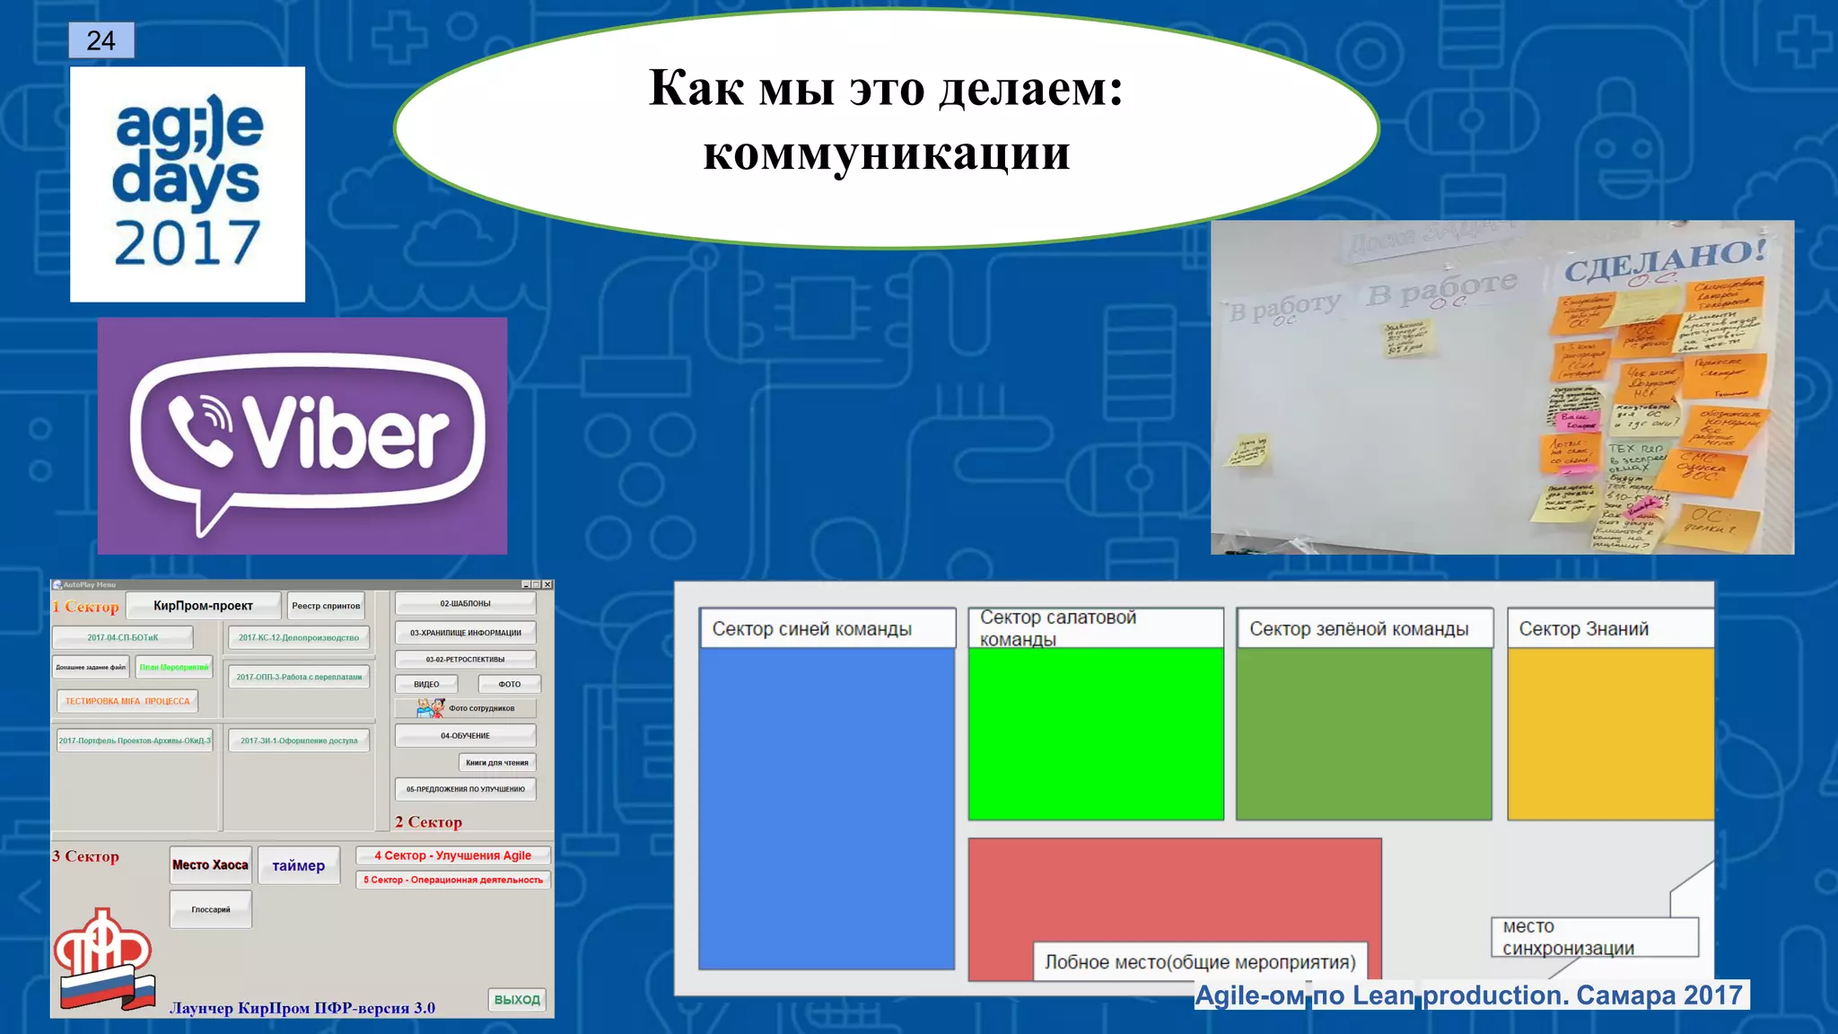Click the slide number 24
(x=101, y=40)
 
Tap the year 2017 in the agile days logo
(x=187, y=243)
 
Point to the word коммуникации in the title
(x=886, y=153)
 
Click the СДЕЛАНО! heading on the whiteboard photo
(x=1665, y=259)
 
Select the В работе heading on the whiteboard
(x=1441, y=289)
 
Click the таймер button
(x=298, y=865)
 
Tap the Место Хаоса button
(x=210, y=865)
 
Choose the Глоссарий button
(x=211, y=909)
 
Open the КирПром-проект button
(x=203, y=606)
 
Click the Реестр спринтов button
(x=326, y=606)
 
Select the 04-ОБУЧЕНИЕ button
(x=465, y=736)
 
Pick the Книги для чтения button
(x=497, y=763)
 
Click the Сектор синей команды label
(x=811, y=629)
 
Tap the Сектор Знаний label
(x=1584, y=629)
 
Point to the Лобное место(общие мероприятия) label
(x=1200, y=962)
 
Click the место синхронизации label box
(x=1594, y=937)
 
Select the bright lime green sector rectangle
(x=1096, y=732)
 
